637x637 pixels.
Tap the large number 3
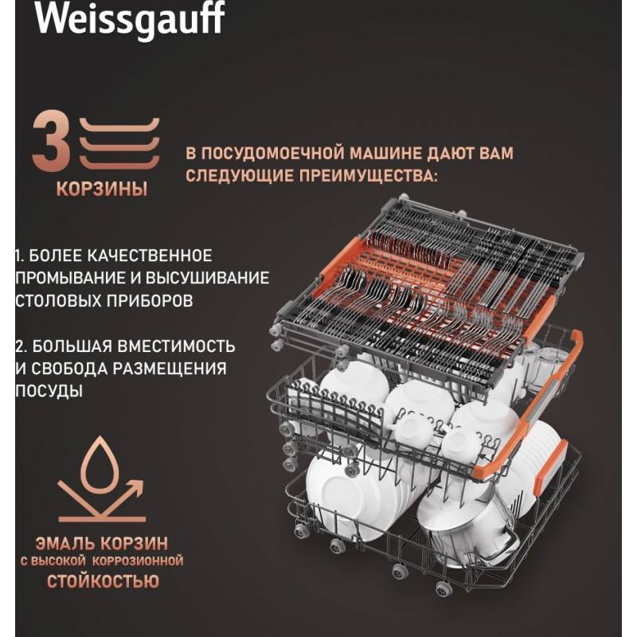51,141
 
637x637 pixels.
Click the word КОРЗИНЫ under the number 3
102,189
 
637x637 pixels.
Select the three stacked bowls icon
119,143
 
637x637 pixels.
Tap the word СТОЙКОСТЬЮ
103,581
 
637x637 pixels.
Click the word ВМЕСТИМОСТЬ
176,346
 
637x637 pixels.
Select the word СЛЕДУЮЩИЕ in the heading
240,176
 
